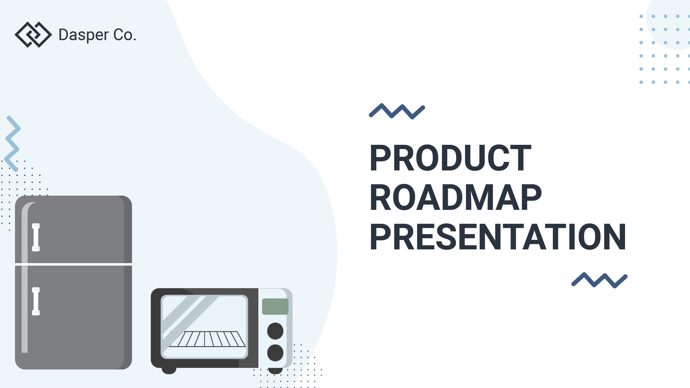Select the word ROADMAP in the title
(455, 197)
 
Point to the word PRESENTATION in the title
(498, 237)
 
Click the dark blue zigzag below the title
(599, 280)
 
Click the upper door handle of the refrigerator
(36, 237)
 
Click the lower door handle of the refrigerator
(36, 301)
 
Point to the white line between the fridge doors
(73, 264)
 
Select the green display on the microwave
(275, 306)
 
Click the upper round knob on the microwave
(275, 331)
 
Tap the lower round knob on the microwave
(275, 353)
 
